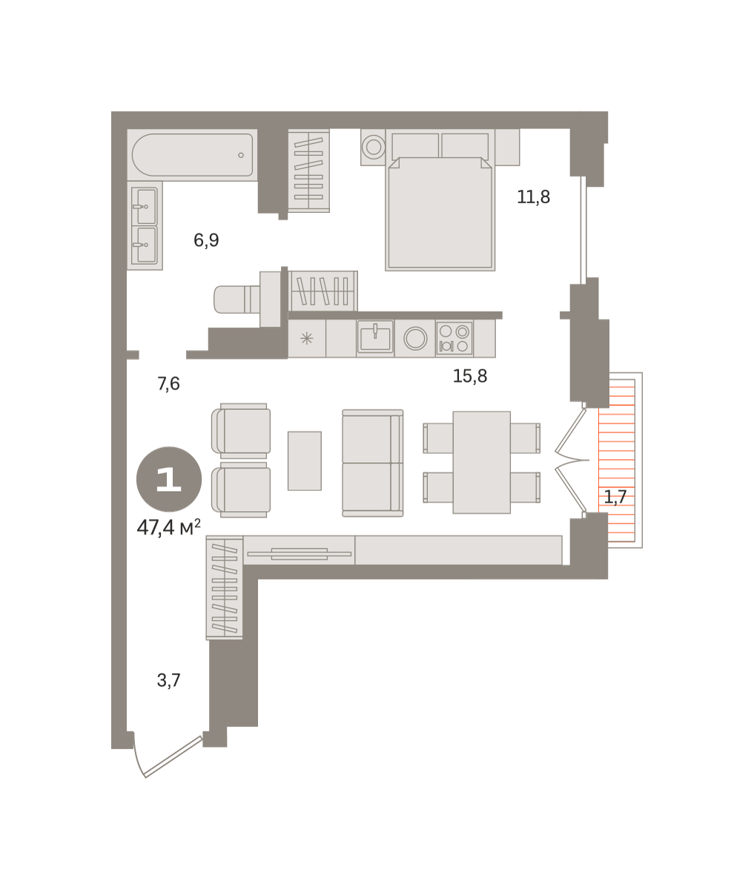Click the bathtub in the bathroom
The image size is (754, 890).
coord(192,154)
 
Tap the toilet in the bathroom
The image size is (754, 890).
coord(241,299)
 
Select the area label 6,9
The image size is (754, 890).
coord(206,240)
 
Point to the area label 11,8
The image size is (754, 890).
coord(533,197)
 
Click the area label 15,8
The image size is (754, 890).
coord(470,376)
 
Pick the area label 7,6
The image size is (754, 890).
coord(168,383)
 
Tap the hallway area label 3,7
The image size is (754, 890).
coord(168,681)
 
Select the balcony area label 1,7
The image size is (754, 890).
coord(615,498)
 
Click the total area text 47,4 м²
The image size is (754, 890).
coord(169,527)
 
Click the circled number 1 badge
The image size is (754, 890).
coord(169,479)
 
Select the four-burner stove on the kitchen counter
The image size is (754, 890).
coord(454,338)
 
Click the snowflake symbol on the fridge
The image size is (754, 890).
coord(306,338)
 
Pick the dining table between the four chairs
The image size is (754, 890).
coord(482,463)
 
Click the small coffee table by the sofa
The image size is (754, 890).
coord(305,461)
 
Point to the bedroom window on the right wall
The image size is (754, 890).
coord(583,230)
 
